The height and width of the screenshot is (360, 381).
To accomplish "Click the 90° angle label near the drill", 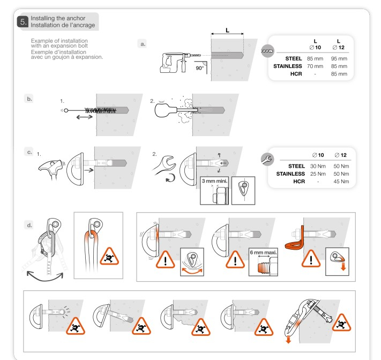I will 199,69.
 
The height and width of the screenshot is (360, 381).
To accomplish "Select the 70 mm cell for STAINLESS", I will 315,66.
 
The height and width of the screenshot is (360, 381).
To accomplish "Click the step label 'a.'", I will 143,44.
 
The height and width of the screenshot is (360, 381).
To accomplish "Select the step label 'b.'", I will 29,99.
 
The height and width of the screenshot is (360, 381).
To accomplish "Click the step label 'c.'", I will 29,152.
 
